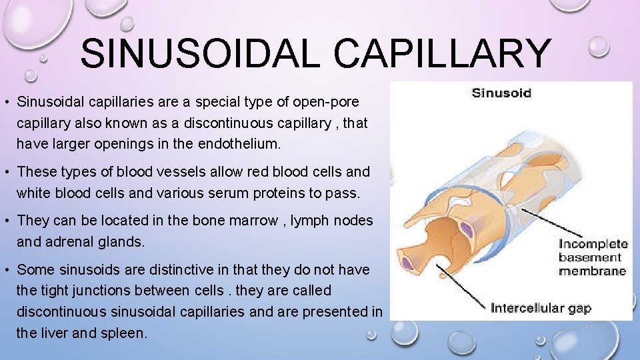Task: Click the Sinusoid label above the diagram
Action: click(502, 93)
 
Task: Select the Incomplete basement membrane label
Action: click(593, 257)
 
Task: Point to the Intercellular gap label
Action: click(541, 308)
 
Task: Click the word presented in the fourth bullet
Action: click(336, 312)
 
